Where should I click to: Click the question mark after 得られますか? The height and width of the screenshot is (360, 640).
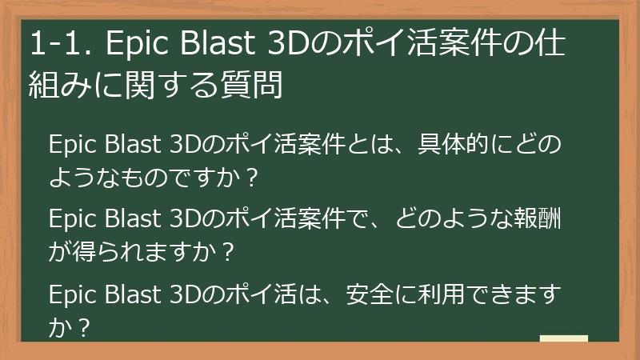228,254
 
